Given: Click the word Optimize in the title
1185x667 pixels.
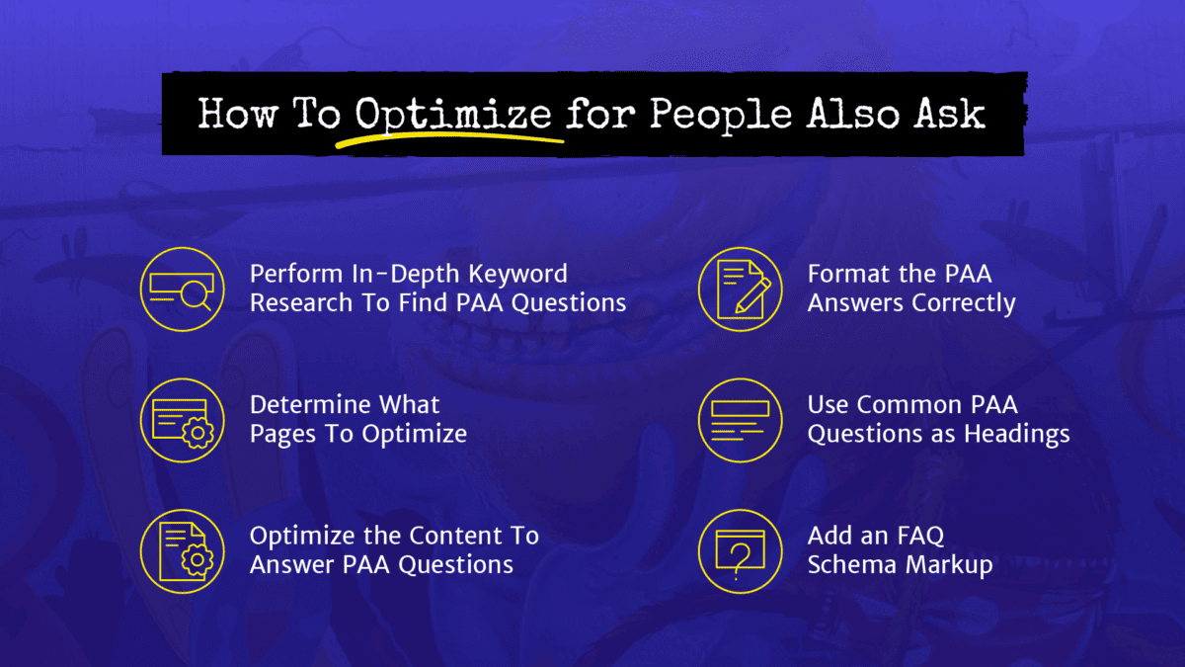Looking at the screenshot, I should [453, 115].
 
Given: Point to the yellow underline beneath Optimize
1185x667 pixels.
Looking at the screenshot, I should [449, 141].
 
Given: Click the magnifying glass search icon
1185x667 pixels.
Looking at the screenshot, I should [182, 289].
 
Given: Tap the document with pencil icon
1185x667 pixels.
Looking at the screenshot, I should [740, 289].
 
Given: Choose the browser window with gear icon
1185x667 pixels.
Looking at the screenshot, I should [182, 420].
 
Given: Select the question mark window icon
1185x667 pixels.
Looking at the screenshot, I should [740, 551].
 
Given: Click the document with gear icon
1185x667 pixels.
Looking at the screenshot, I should [182, 551].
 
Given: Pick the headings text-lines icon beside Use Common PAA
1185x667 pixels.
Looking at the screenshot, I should [740, 420].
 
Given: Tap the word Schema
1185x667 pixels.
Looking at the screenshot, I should [849, 565].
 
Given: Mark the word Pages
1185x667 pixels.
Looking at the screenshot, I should [282, 434].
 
